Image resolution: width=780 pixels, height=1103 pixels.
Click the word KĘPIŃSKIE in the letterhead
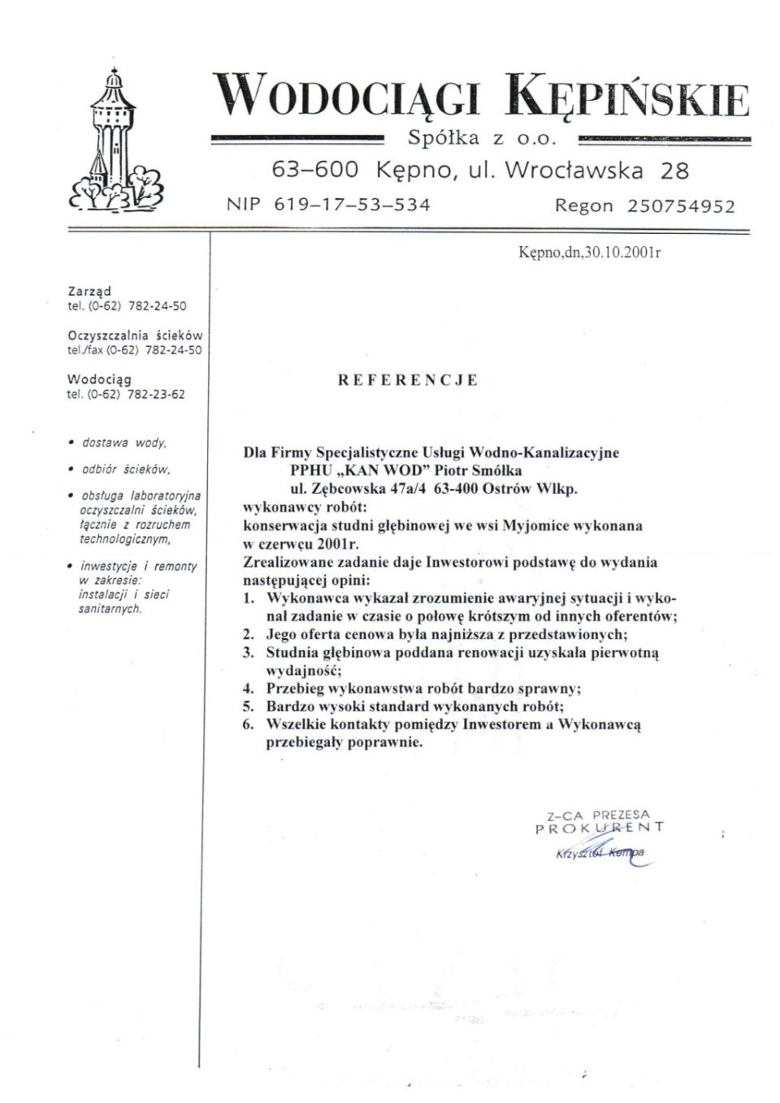(626, 97)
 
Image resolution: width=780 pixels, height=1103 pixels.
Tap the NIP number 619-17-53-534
(352, 205)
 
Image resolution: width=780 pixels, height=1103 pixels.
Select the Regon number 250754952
(681, 206)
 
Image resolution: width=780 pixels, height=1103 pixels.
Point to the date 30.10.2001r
(622, 252)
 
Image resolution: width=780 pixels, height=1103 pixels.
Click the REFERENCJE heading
(408, 380)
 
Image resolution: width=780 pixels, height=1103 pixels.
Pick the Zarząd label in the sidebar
(89, 291)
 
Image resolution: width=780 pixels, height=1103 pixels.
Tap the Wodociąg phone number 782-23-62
(156, 395)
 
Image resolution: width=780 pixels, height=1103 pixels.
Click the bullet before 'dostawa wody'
(71, 443)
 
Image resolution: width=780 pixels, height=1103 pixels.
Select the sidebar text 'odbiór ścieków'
(125, 469)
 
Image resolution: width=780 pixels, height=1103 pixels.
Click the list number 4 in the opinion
(249, 689)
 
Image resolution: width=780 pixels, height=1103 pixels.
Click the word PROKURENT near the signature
(600, 828)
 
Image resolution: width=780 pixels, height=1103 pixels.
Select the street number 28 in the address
(674, 171)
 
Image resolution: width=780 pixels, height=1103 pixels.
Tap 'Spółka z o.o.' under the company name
(483, 138)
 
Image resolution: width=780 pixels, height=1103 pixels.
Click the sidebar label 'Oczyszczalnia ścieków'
(135, 335)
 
